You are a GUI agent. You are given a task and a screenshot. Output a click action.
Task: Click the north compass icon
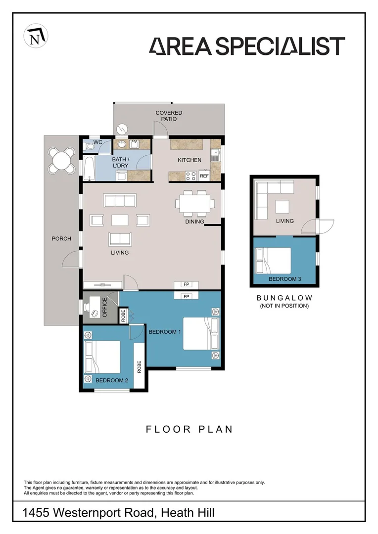(36, 36)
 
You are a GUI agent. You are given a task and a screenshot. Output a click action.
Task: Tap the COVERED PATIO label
(169, 116)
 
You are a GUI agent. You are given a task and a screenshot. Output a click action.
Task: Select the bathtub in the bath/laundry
(89, 168)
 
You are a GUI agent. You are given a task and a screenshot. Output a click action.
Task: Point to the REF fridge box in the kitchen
(204, 176)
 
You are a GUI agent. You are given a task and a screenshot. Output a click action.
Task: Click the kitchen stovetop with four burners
(191, 176)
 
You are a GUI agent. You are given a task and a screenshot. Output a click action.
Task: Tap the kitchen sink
(215, 155)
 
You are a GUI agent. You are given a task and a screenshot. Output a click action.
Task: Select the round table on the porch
(62, 160)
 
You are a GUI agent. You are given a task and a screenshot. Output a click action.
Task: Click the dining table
(195, 204)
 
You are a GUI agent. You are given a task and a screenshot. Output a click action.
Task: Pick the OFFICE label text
(104, 307)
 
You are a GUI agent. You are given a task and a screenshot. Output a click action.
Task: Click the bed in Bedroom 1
(201, 334)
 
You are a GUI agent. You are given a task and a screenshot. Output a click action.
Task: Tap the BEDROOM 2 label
(112, 380)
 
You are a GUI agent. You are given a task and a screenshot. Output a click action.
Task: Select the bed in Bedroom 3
(273, 261)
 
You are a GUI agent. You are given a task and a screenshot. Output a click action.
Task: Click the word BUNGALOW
(284, 298)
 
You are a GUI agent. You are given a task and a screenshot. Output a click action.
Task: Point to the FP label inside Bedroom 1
(186, 297)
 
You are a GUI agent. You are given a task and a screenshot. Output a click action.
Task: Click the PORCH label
(61, 238)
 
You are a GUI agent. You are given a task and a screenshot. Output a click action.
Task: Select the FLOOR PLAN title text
(189, 430)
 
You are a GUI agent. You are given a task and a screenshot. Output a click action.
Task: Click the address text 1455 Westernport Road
(88, 512)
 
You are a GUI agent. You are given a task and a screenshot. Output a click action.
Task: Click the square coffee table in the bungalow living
(282, 206)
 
